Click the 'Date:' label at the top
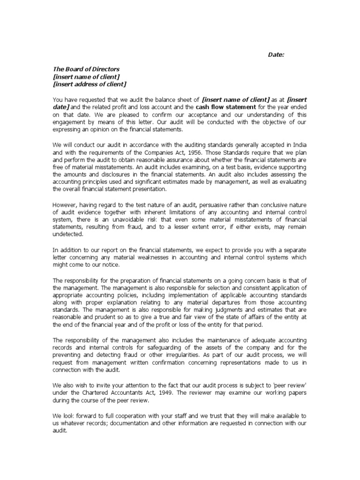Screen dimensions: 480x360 [276, 55]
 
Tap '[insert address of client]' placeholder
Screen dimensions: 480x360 [90, 84]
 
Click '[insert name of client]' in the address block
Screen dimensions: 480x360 [86, 76]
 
